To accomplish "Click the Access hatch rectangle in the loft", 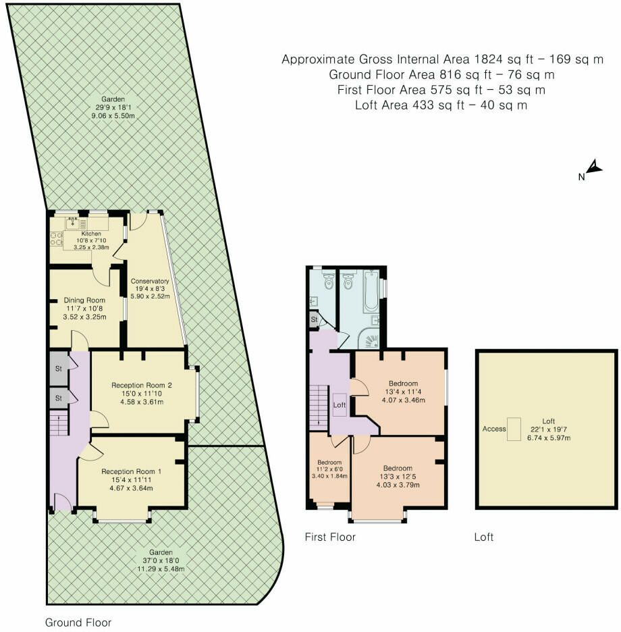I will click(515, 429).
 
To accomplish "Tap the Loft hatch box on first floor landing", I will click(340, 404).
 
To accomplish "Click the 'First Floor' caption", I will click(329, 537).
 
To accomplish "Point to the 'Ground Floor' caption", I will click(78, 623).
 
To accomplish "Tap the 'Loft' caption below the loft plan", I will click(483, 537).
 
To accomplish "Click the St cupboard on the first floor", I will click(315, 319).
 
